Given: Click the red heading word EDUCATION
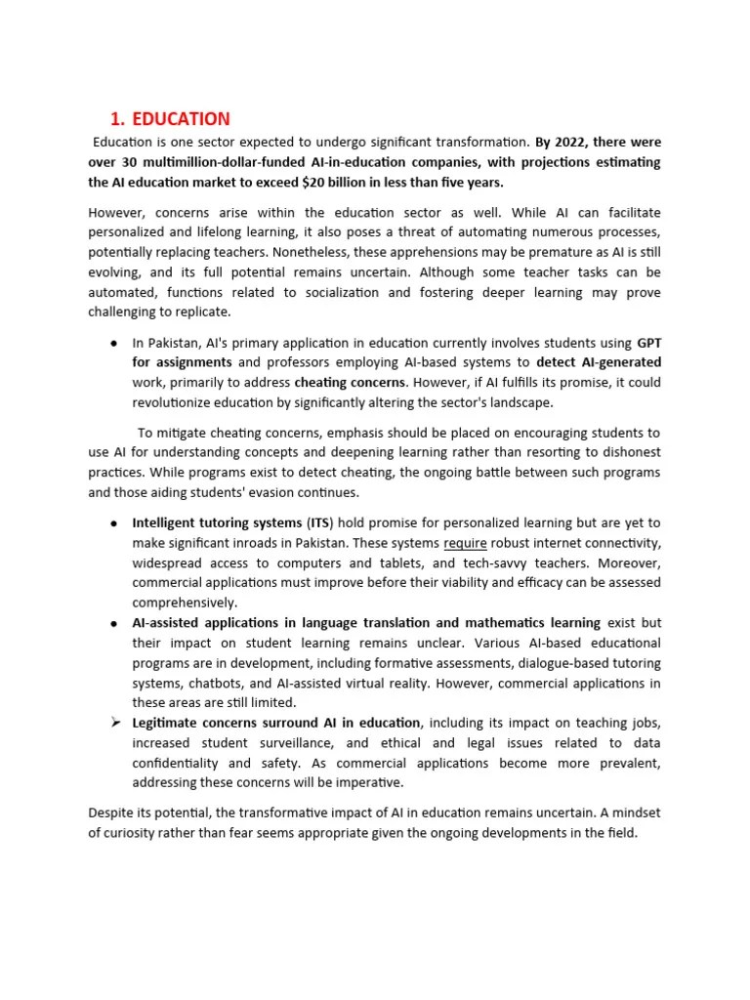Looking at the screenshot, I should (181, 119).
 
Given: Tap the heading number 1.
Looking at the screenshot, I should (116, 119).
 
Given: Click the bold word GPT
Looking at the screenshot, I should (648, 343).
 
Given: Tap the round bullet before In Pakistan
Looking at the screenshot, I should (114, 343).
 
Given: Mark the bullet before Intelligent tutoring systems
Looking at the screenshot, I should (114, 522).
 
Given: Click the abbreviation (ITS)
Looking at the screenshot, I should (319, 522).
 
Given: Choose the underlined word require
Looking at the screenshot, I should (465, 543).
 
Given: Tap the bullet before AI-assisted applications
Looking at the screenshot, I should (114, 623).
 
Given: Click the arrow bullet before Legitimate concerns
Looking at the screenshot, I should (114, 723).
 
